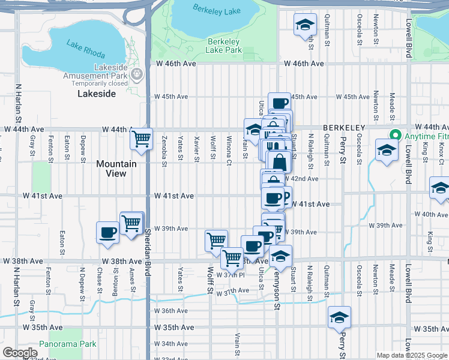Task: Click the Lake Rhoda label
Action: pos(82,46)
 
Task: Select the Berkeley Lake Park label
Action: pos(224,46)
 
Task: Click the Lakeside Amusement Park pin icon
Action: pos(137,75)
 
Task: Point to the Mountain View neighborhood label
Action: pos(116,169)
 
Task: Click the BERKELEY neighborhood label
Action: pos(344,128)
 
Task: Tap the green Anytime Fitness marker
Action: pos(395,136)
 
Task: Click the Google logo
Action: pos(20,353)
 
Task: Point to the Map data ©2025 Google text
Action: pos(411,355)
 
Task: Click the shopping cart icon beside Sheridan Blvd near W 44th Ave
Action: pos(142,139)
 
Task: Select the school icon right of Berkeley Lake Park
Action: pos(305,25)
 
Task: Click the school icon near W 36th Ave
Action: pos(339,317)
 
